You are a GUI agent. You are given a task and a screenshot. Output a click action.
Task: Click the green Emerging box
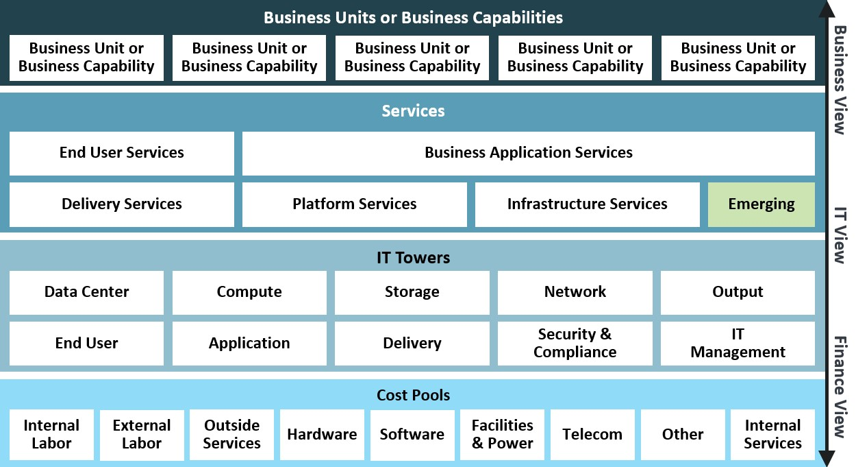click(x=761, y=204)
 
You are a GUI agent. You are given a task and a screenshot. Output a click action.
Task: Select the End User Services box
click(x=121, y=154)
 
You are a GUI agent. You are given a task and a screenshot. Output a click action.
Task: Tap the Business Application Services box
click(x=529, y=154)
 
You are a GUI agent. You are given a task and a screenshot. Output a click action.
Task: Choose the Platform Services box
click(x=355, y=204)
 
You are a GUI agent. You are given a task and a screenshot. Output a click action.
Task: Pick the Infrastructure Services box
click(x=588, y=204)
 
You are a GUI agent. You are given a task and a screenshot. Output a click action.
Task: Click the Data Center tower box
click(x=86, y=293)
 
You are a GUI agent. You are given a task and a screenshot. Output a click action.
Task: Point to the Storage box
click(x=412, y=293)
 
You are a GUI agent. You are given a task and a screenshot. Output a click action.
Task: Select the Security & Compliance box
click(x=575, y=344)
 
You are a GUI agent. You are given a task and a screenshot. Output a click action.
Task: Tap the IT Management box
click(x=738, y=344)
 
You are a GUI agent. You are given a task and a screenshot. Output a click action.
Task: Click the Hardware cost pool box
click(x=322, y=435)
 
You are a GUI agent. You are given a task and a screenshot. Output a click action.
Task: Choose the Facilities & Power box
click(x=502, y=435)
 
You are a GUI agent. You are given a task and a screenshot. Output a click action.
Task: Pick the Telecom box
click(x=592, y=435)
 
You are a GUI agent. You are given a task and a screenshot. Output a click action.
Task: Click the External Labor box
click(x=142, y=435)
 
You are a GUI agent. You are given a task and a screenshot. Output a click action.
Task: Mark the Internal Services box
click(x=772, y=435)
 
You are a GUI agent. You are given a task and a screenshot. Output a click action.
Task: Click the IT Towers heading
click(x=413, y=258)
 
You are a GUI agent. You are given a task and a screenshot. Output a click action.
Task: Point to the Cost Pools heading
click(x=413, y=395)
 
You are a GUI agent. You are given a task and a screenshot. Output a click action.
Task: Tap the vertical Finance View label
click(x=840, y=387)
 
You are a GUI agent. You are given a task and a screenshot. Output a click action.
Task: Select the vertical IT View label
click(x=840, y=235)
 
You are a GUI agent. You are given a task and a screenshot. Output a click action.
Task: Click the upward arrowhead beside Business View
click(x=827, y=8)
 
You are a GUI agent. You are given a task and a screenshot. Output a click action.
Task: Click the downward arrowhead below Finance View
click(x=827, y=459)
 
